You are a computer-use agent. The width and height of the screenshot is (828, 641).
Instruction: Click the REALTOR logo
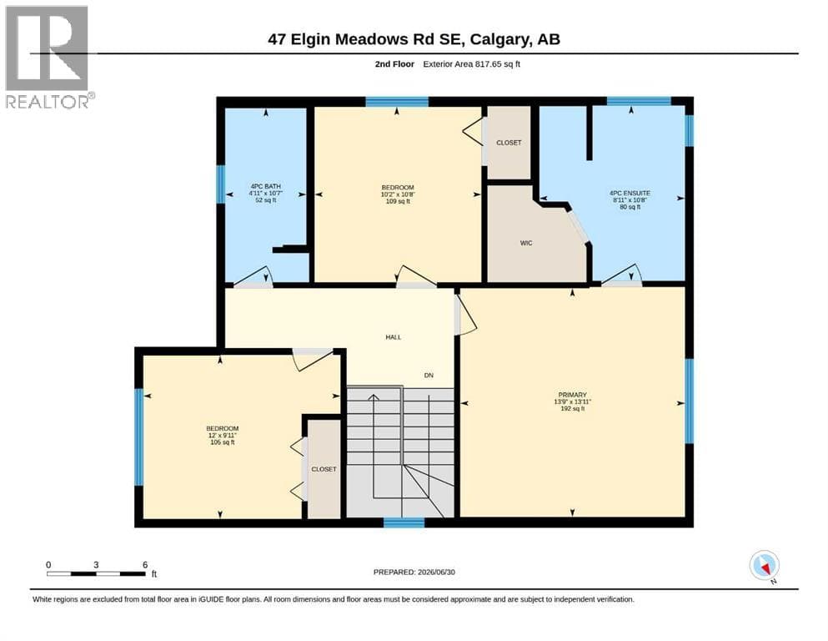click(48, 57)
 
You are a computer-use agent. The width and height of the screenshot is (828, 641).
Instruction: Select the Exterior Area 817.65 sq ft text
click(472, 64)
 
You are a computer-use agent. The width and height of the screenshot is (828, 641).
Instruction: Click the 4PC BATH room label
click(266, 186)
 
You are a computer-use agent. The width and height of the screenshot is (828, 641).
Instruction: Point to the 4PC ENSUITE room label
click(630, 194)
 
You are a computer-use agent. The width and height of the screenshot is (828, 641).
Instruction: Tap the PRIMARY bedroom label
click(572, 395)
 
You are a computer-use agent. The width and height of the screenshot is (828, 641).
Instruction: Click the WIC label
click(526, 243)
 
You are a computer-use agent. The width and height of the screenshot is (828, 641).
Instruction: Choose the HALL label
click(394, 337)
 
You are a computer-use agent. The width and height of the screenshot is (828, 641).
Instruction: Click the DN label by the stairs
click(429, 376)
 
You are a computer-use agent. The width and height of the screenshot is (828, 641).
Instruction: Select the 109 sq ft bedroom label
click(398, 194)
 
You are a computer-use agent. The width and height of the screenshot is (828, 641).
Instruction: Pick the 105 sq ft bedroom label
click(223, 435)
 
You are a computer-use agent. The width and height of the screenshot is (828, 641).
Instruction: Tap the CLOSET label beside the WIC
click(509, 143)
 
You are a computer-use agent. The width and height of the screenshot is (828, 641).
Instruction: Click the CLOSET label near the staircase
click(324, 469)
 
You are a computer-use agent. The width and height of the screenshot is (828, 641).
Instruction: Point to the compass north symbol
click(765, 566)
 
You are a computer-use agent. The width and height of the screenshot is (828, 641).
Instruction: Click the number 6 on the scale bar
click(145, 565)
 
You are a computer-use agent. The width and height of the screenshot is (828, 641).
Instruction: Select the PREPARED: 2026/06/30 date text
click(414, 572)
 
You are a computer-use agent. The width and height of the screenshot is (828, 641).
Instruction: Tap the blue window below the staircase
click(404, 522)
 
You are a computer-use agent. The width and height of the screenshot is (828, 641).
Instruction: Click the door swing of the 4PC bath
click(253, 277)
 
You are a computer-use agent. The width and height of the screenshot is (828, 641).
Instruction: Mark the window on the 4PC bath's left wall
click(221, 184)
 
